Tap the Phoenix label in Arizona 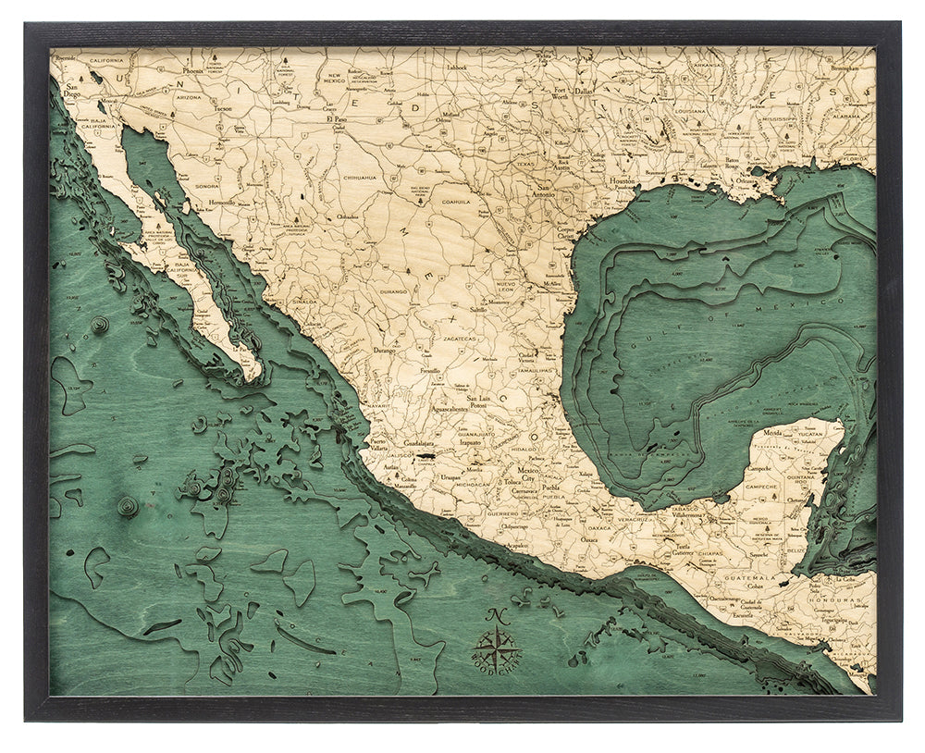pos(192,70)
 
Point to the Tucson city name pos(222,108)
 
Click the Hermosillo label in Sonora pos(222,201)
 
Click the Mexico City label pos(528,475)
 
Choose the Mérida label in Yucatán pos(775,432)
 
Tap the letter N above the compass pos(499,613)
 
